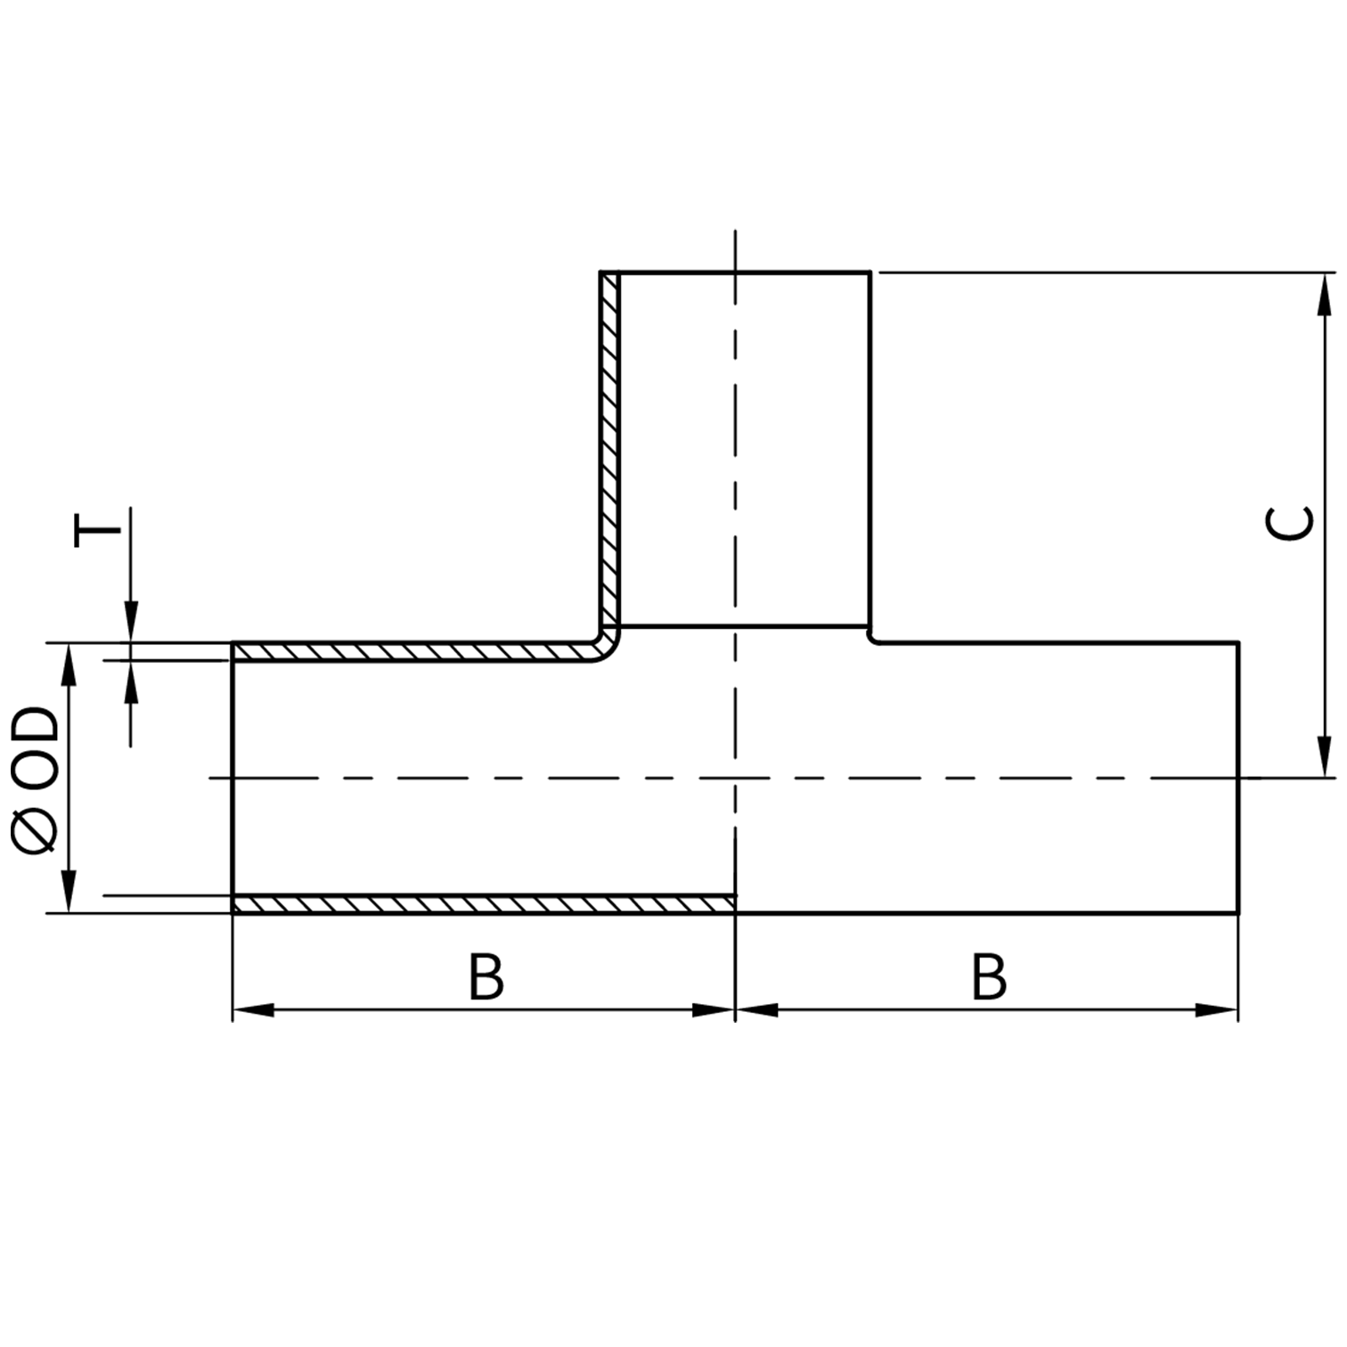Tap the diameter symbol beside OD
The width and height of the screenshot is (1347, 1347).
(x=36, y=829)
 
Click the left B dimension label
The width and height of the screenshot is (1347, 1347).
(x=486, y=977)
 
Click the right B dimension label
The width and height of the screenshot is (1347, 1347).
(x=989, y=977)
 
